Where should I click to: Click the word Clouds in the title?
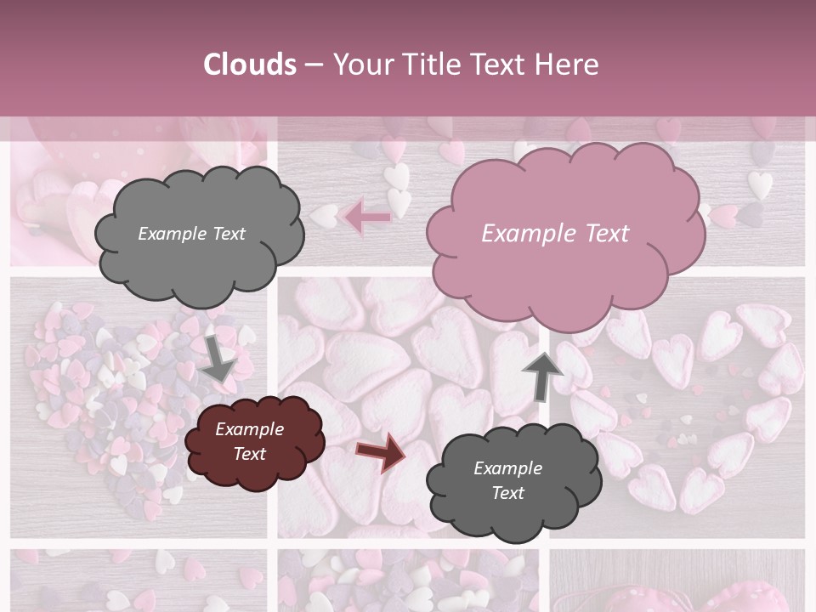pyautogui.click(x=250, y=65)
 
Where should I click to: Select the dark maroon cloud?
pyautogui.click(x=254, y=442)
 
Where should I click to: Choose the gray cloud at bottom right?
pyautogui.click(x=513, y=481)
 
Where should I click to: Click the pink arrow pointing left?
pyautogui.click(x=367, y=218)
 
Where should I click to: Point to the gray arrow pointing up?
pyautogui.click(x=542, y=375)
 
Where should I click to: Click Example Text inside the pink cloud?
pyautogui.click(x=555, y=234)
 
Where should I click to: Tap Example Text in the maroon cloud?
pyautogui.click(x=249, y=441)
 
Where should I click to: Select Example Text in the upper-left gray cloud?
pyautogui.click(x=191, y=234)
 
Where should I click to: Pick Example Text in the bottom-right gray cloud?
pyautogui.click(x=507, y=480)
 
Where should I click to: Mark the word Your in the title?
pyautogui.click(x=362, y=65)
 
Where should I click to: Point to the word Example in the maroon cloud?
pyautogui.click(x=249, y=429)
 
